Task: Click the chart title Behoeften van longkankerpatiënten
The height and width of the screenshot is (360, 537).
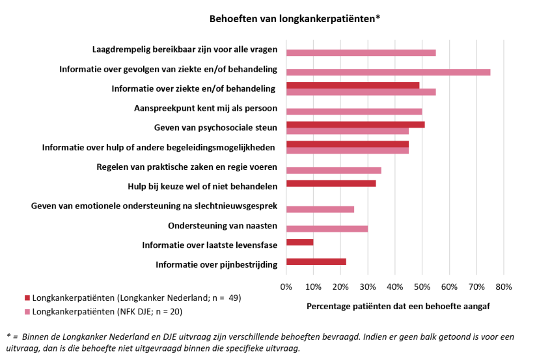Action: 294,18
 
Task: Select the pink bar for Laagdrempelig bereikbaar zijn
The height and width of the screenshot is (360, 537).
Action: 361,52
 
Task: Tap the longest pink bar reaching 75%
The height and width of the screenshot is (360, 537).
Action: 388,72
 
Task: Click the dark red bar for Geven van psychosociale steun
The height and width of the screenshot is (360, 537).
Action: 355,124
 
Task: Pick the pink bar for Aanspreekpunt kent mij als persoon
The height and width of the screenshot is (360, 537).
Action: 354,111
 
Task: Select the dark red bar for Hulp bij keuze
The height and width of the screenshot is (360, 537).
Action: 331,184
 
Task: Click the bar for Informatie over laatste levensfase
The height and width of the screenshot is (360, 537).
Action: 299,242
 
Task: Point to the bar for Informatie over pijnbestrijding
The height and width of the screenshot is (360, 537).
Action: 316,262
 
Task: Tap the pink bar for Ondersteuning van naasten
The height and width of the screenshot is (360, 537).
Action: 327,228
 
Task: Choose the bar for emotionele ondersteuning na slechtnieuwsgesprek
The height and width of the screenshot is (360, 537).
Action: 320,209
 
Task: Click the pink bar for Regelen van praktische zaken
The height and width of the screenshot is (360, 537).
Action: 333,170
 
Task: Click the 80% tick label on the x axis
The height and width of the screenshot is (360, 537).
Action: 504,286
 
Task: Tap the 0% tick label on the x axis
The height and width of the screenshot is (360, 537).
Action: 286,286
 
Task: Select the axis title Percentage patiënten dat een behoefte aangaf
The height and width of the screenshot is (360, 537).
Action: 398,305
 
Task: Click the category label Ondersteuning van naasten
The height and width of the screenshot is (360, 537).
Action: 223,226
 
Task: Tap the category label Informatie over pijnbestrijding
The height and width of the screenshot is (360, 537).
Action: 217,264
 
